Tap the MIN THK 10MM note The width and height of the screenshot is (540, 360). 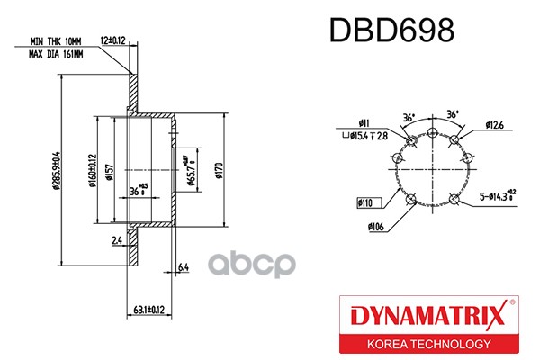pos(57,41)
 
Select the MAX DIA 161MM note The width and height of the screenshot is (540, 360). pos(56,55)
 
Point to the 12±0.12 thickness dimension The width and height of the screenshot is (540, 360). pos(112,40)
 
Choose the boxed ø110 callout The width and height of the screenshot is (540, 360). pos(365,204)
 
